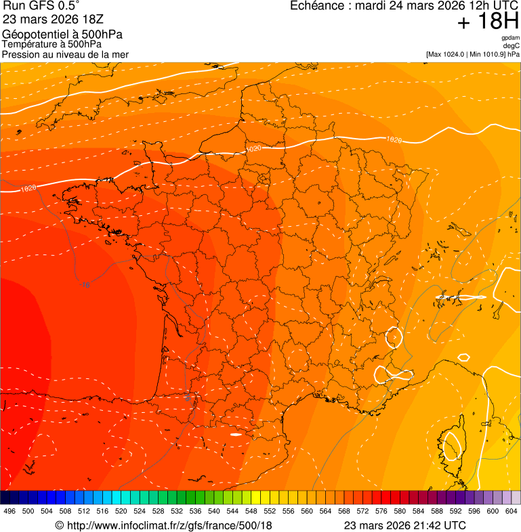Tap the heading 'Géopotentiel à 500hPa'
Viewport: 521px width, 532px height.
coord(62,35)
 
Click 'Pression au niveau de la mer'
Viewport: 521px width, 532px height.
coord(65,54)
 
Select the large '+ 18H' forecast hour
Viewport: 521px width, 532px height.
coord(488,22)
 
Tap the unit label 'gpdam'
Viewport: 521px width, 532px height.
coord(511,38)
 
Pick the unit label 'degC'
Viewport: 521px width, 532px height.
coord(512,45)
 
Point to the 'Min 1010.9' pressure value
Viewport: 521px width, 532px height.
coord(486,53)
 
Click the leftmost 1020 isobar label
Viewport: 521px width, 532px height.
coord(28,189)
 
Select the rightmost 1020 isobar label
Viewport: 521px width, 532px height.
coord(394,139)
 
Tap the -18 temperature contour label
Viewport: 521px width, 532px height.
coord(85,285)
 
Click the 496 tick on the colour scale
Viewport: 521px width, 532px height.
coord(9,511)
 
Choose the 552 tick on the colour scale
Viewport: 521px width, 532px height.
coord(270,511)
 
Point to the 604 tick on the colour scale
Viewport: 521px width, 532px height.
coord(511,511)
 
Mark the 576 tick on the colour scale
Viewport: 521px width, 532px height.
coord(381,511)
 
